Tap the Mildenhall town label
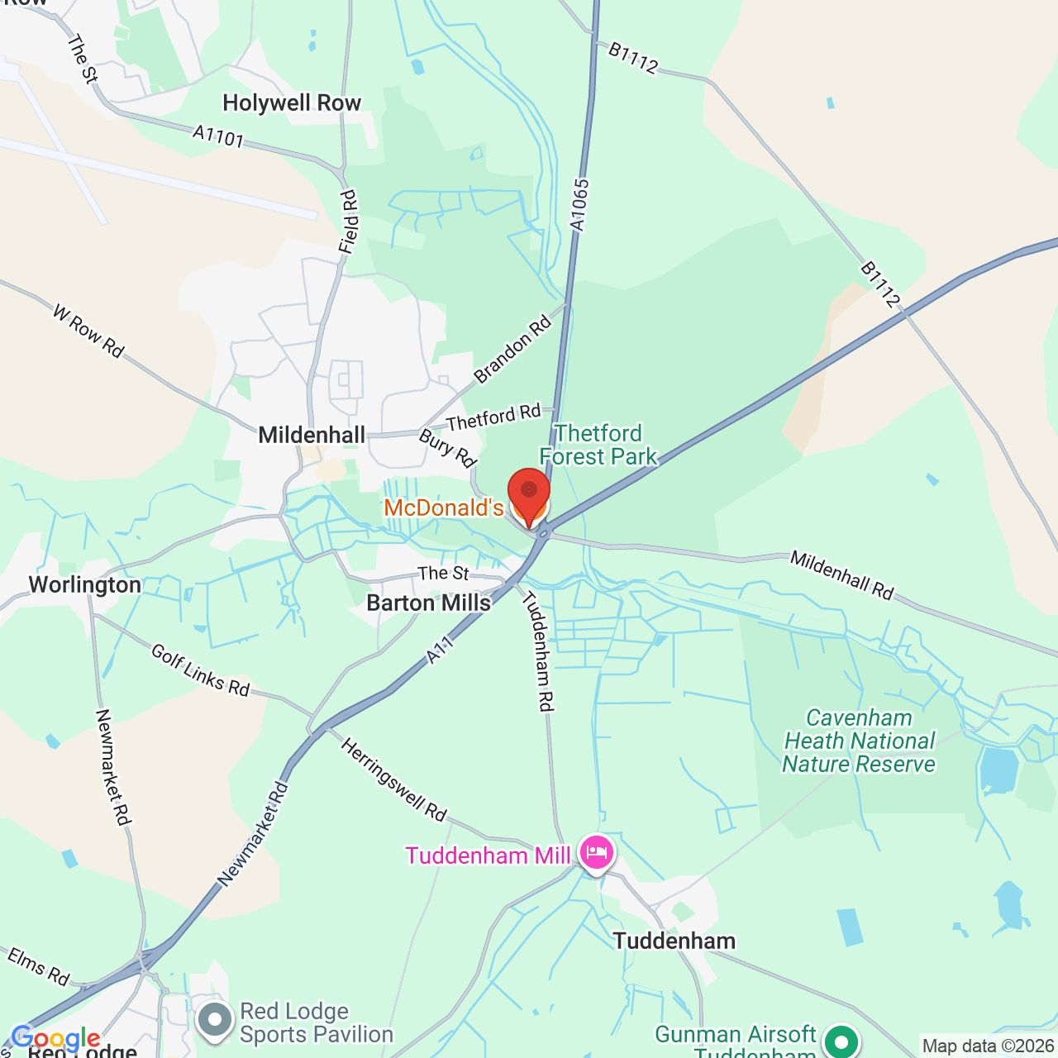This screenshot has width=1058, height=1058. click(312, 435)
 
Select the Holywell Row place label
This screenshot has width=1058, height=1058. click(292, 102)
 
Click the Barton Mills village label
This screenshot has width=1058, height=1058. click(428, 603)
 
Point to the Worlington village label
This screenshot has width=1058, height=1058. click(84, 585)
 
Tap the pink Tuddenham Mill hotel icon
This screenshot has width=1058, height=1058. click(597, 852)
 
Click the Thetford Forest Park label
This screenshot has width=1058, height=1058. click(598, 445)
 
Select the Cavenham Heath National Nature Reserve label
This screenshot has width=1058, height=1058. click(859, 741)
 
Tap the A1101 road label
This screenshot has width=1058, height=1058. click(218, 136)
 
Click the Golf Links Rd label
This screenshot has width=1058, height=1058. click(200, 670)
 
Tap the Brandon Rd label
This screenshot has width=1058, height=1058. click(512, 350)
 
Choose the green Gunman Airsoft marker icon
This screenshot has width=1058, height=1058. click(841, 1040)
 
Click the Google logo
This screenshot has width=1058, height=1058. click(55, 1038)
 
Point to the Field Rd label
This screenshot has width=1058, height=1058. click(349, 222)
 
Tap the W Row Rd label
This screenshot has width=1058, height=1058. click(88, 331)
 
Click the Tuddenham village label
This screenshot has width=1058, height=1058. click(674, 941)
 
